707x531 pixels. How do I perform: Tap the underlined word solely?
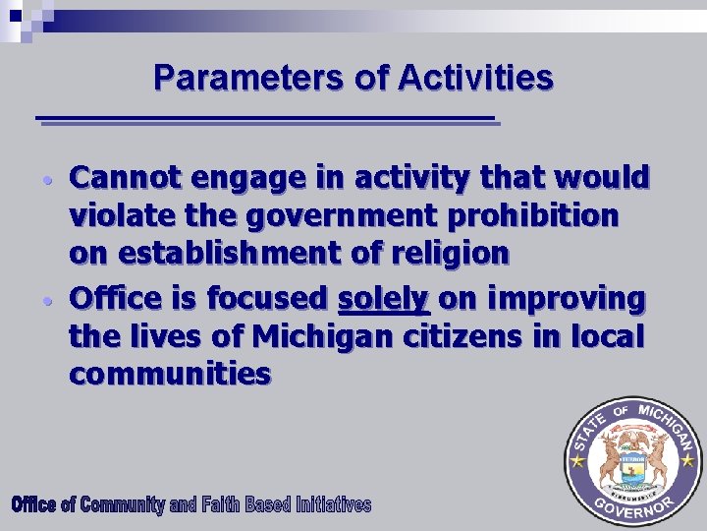383,297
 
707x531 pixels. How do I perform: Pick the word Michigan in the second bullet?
322,336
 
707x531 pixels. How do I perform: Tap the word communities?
170,374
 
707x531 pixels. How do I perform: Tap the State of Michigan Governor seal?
633,461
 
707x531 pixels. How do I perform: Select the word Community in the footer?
122,505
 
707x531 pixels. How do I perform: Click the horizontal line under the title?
265,120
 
